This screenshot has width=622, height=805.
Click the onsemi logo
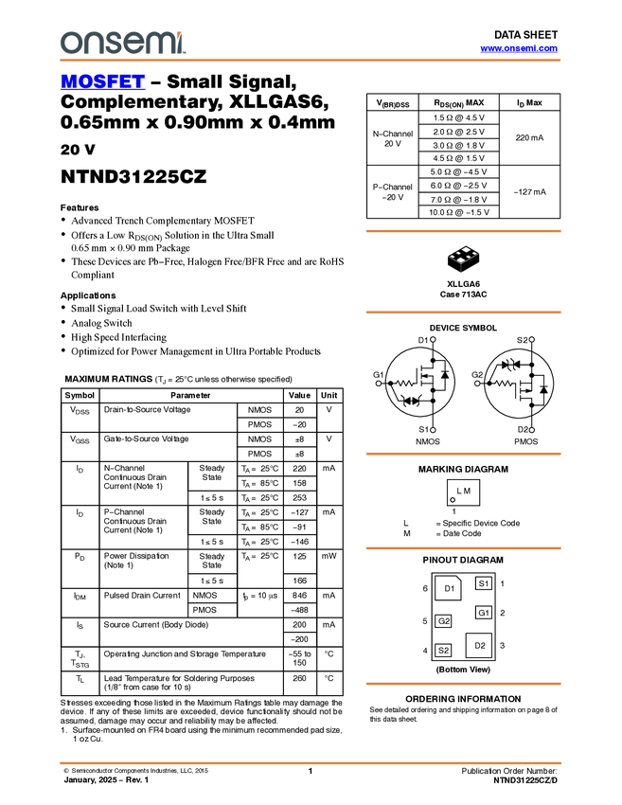[122, 43]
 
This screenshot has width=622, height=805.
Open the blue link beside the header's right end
[519, 48]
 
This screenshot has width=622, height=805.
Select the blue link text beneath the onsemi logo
[102, 83]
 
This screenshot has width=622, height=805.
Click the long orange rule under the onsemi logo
[311, 61]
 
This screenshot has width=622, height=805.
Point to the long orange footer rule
[311, 762]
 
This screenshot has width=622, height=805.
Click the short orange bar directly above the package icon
[463, 230]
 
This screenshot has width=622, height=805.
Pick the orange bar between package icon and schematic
[463, 312]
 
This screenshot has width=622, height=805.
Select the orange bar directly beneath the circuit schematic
[463, 454]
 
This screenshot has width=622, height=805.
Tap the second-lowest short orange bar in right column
[463, 548]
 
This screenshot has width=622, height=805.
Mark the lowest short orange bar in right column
[463, 683]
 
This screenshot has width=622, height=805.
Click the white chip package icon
[463, 256]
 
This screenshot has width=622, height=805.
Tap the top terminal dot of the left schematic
[433, 339]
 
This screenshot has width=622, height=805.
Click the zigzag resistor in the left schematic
[405, 384]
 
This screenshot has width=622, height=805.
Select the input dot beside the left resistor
[379, 384]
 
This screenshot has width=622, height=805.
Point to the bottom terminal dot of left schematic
[433, 430]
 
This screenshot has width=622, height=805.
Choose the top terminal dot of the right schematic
[531, 339]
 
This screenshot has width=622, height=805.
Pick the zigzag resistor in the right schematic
[504, 384]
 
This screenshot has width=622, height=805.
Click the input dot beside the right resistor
[477, 384]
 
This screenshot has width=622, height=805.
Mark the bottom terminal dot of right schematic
[531, 430]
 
